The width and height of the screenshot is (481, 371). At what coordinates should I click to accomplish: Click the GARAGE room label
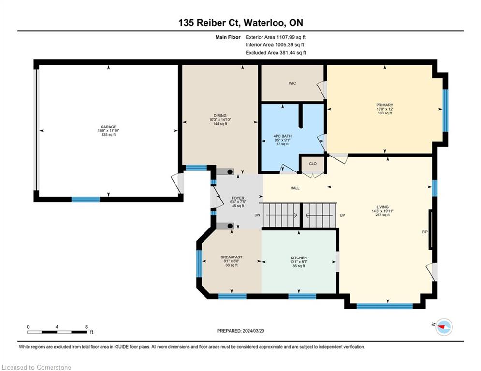(108, 127)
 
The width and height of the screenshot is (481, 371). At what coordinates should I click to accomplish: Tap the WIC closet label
(292, 83)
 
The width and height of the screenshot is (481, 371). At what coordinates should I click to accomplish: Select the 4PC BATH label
(282, 136)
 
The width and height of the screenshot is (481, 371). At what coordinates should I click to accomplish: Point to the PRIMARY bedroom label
(384, 105)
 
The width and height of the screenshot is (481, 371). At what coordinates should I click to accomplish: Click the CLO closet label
(313, 164)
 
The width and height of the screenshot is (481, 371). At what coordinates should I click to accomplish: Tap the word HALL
(295, 188)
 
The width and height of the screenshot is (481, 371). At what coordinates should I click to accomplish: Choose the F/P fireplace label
(424, 232)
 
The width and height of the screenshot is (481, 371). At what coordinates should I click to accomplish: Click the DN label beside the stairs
(257, 215)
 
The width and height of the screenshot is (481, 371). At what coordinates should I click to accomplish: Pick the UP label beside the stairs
(342, 215)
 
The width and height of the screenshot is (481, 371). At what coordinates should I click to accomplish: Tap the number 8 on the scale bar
(87, 327)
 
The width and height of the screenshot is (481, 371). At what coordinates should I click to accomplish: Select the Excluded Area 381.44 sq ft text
(276, 53)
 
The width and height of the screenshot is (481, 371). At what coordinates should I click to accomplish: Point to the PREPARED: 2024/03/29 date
(241, 331)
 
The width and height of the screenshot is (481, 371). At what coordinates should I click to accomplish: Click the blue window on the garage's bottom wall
(86, 200)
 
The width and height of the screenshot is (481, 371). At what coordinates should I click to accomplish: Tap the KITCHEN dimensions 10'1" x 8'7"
(299, 262)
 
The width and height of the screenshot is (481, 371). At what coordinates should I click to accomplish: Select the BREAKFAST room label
(231, 257)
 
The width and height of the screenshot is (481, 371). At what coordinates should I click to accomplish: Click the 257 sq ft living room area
(382, 215)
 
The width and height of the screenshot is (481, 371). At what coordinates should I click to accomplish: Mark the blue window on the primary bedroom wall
(445, 111)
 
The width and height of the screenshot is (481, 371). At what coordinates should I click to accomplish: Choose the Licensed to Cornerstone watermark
(36, 367)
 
